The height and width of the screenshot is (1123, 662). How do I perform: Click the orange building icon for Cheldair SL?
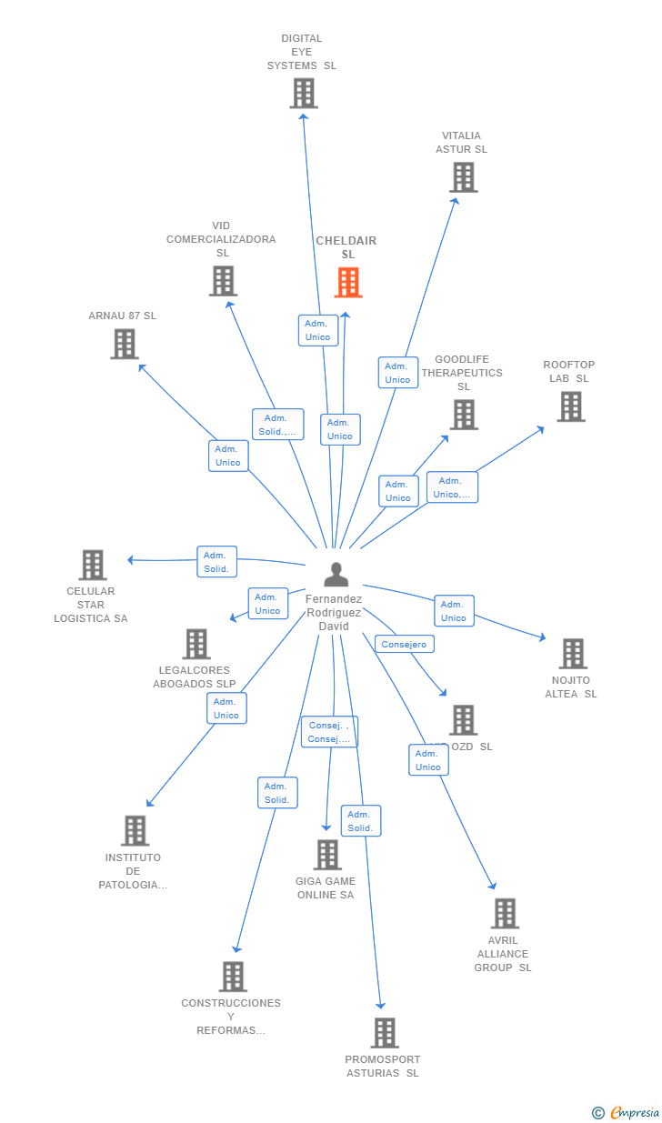(348, 283)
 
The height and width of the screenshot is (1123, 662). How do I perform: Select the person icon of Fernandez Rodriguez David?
(336, 575)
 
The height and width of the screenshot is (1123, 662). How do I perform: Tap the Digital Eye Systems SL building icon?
(304, 93)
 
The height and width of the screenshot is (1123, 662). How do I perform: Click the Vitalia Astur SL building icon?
(463, 177)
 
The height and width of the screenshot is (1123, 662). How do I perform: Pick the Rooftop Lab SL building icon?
(570, 406)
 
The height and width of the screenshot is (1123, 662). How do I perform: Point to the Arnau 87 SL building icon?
(125, 344)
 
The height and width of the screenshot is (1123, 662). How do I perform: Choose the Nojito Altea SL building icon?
(572, 653)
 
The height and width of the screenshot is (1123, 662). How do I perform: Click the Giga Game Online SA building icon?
(327, 855)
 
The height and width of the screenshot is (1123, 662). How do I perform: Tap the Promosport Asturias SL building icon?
(385, 1033)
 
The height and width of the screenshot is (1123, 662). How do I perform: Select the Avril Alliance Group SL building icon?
(504, 913)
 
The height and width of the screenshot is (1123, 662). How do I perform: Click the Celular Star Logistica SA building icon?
(92, 565)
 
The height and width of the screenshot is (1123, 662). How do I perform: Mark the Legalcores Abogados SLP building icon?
(196, 644)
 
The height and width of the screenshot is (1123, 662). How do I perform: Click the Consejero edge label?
(404, 644)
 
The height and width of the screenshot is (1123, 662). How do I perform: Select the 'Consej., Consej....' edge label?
(329, 732)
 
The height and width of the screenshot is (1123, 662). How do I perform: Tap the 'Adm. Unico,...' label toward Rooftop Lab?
(452, 487)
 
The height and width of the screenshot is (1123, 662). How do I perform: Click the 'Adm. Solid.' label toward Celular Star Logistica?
(216, 562)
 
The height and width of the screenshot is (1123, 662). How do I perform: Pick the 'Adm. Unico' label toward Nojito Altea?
(454, 611)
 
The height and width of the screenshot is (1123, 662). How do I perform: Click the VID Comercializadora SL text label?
(221, 239)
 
